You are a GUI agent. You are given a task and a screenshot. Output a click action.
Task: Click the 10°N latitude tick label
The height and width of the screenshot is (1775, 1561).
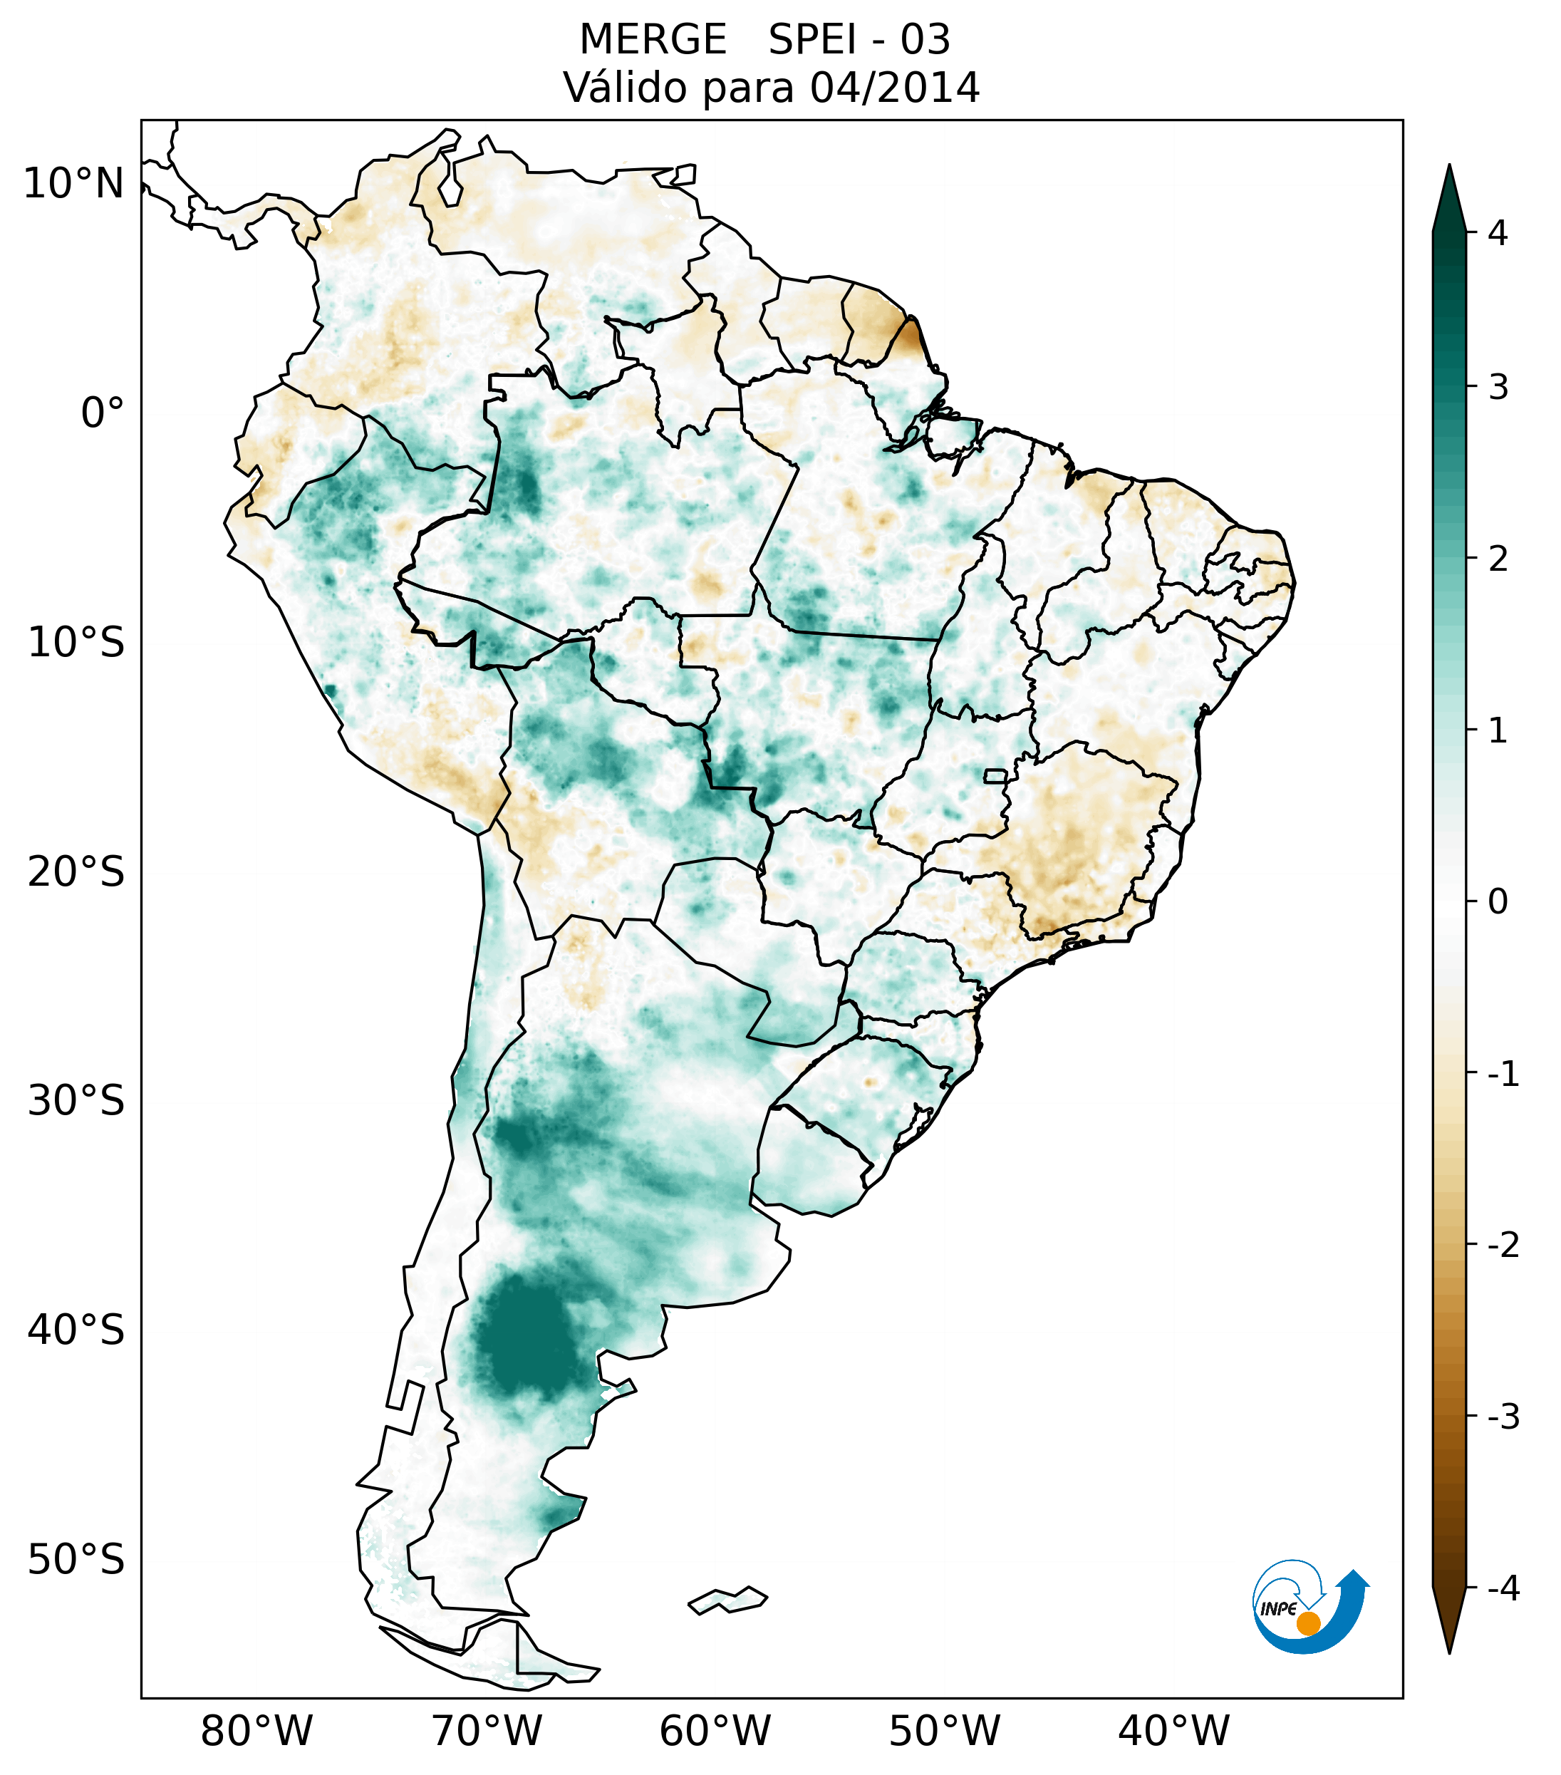pos(73,184)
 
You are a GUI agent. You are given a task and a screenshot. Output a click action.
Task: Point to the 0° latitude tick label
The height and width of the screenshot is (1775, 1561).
pos(102,413)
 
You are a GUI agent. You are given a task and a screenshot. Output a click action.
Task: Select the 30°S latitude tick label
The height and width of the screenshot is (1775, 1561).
pos(76,1101)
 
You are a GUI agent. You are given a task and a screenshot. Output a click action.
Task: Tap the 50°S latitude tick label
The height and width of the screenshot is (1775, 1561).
pos(76,1560)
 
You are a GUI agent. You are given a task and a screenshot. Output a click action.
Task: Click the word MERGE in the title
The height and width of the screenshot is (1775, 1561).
pos(653,40)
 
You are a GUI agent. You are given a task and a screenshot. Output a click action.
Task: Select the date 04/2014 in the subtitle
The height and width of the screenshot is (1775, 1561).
pos(894,88)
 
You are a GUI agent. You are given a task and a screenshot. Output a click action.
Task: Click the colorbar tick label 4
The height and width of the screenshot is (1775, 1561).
pos(1498,233)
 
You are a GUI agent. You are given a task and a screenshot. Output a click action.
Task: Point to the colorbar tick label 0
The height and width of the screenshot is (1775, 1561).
pos(1498,902)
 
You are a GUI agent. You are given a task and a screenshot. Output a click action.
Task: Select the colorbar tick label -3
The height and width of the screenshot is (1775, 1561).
pos(1503,1417)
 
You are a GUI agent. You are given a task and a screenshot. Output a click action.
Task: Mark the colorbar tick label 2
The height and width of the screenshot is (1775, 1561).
pos(1498,559)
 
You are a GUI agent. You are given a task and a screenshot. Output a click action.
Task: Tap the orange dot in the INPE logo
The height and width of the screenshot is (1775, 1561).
pos(1308,1623)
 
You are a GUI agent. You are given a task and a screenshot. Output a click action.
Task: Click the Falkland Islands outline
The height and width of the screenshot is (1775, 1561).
pos(727,1600)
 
